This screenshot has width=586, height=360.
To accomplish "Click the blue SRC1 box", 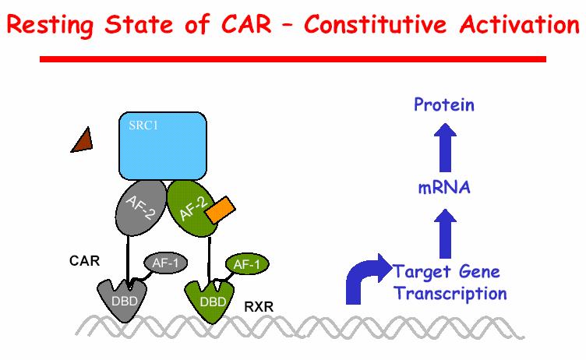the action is point(163,146).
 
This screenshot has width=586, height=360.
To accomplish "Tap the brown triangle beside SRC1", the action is point(83,141).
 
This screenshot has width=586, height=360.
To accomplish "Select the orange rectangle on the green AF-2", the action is point(220,210).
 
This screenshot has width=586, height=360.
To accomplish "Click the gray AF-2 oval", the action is point(141,208).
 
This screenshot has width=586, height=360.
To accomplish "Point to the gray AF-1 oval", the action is point(165,263).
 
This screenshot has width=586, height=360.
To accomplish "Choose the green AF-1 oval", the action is point(247,264).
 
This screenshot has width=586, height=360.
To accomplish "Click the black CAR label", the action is point(84,260).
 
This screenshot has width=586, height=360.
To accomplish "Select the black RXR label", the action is point(259,307).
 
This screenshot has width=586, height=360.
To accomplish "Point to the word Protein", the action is point(444,104).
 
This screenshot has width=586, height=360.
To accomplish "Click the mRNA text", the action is point(444,187).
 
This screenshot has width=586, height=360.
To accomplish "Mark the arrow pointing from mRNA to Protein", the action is point(445,147).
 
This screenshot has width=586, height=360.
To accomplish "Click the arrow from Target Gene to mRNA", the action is point(445,233).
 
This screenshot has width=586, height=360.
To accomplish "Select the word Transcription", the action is point(450,293).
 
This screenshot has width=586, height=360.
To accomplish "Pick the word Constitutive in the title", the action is point(376,24).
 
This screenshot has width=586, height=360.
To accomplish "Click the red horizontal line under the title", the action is point(293,59).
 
